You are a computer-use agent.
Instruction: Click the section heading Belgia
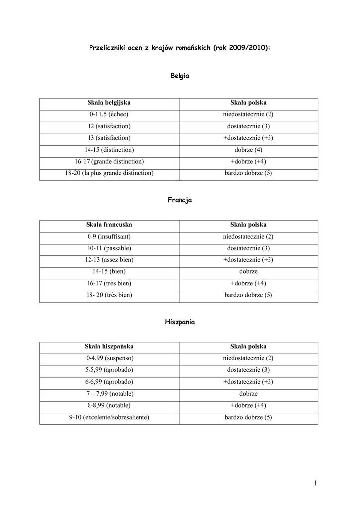point(180,76)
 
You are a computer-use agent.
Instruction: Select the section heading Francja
point(180,200)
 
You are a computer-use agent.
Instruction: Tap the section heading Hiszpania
point(180,322)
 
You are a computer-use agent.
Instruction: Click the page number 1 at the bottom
point(315,483)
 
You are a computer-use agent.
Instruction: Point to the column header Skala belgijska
point(109,103)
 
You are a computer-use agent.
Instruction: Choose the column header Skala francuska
point(109,225)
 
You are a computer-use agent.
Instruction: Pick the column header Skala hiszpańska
point(109,346)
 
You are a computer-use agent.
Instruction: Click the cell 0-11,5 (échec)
point(109,114)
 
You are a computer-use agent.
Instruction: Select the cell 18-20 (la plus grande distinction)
point(109,173)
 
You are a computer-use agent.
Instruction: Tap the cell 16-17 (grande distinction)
point(109,161)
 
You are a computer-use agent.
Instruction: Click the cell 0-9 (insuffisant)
point(109,236)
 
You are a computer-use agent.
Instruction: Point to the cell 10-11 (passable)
point(109,248)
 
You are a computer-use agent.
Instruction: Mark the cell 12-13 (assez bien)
point(109,259)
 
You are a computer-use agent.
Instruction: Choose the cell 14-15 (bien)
point(109,271)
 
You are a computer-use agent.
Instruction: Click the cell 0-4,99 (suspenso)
point(109,358)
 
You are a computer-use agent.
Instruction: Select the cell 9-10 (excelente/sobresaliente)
point(109,417)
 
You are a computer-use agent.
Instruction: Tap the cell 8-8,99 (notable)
point(109,405)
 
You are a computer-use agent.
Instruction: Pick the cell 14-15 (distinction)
point(109,150)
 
